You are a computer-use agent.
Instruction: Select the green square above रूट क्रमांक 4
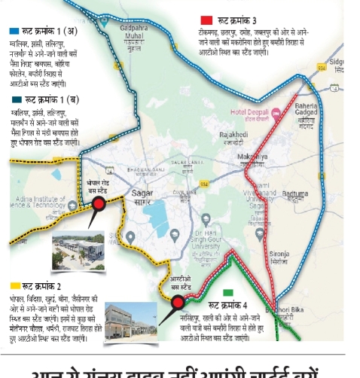coord(228,292)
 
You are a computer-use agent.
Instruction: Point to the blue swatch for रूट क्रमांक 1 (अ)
coord(14,32)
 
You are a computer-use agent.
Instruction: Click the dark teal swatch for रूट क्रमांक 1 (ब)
coord(16,99)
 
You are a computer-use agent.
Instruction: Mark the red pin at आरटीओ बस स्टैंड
coord(178,303)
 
